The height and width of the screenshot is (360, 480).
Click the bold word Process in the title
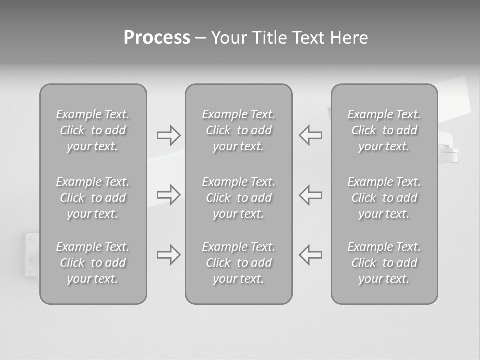click(x=157, y=38)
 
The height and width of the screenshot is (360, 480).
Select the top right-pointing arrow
click(x=168, y=135)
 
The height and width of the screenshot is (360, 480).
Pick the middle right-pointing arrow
click(x=168, y=194)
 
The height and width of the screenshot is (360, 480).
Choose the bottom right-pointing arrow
click(x=168, y=254)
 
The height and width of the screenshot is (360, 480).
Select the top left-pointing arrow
click(x=310, y=135)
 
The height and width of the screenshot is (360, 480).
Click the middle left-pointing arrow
click(x=310, y=194)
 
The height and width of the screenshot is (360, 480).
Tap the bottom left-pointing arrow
click(x=310, y=254)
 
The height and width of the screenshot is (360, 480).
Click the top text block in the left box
click(x=93, y=130)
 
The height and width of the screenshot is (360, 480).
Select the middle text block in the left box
click(x=93, y=198)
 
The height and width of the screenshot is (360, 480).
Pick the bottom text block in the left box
click(x=93, y=263)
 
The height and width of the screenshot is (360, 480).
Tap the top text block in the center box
click(x=238, y=130)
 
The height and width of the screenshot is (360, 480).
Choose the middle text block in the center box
click(x=238, y=198)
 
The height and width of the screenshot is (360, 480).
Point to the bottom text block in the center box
click(x=238, y=263)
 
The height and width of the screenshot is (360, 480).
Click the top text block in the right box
click(x=384, y=130)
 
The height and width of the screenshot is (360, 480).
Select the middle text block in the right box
click(x=384, y=198)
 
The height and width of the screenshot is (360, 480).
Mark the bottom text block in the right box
click(x=384, y=263)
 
